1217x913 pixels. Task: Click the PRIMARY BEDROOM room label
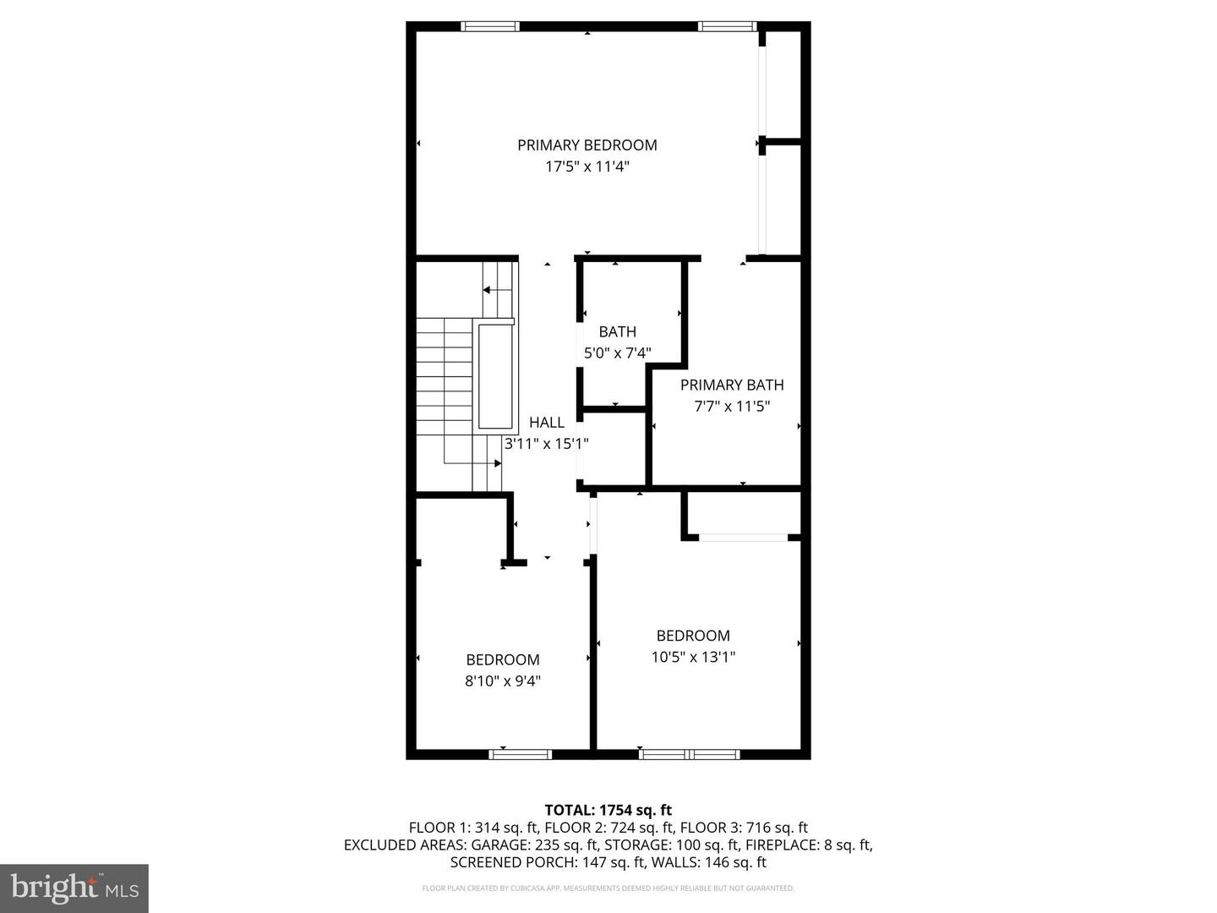(x=587, y=145)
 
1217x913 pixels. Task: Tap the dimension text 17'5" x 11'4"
(x=587, y=167)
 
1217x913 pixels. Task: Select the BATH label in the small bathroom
(x=617, y=331)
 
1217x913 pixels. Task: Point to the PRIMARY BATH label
(x=732, y=385)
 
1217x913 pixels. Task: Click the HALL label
(x=547, y=423)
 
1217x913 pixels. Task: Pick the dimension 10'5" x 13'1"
(x=693, y=657)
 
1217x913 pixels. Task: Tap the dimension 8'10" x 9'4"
(x=502, y=681)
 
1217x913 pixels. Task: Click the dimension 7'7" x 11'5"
(x=732, y=407)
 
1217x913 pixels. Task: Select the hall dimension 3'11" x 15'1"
(x=546, y=444)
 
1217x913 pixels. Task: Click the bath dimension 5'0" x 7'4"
(x=617, y=353)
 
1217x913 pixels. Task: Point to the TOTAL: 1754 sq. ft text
(x=608, y=810)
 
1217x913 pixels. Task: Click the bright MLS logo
(x=74, y=888)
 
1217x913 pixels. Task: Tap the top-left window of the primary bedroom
(x=490, y=26)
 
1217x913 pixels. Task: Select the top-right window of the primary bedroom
(x=727, y=26)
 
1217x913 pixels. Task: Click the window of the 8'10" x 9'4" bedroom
(x=520, y=754)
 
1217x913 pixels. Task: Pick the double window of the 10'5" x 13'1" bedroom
(x=689, y=754)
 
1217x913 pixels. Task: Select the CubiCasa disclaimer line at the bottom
(x=608, y=888)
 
